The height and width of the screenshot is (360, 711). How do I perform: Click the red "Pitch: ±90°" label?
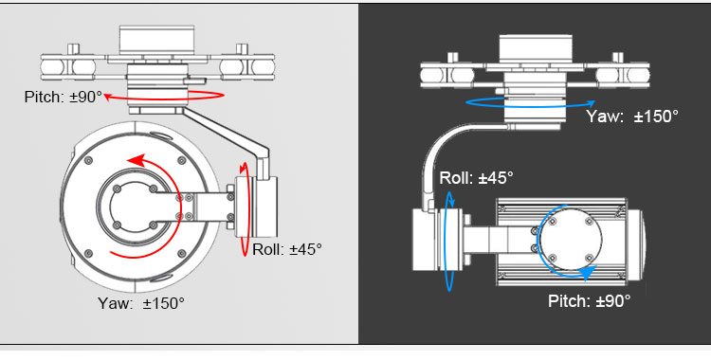coord(64,97)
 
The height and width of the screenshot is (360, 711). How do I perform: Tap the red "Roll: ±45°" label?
coord(287,249)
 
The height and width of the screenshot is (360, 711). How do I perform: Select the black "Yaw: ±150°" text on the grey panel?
coord(141,303)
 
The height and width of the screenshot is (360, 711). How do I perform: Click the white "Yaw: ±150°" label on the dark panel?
coord(632,117)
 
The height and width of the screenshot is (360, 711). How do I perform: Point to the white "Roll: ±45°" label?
coord(477,177)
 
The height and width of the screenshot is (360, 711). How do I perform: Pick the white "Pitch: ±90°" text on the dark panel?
coord(589,300)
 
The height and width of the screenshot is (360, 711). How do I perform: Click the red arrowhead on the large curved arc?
coord(136,160)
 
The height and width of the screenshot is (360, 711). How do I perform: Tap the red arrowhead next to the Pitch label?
coord(108,96)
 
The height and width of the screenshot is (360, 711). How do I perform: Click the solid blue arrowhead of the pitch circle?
coord(587,273)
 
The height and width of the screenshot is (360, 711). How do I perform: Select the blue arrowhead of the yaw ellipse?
coord(591,103)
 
